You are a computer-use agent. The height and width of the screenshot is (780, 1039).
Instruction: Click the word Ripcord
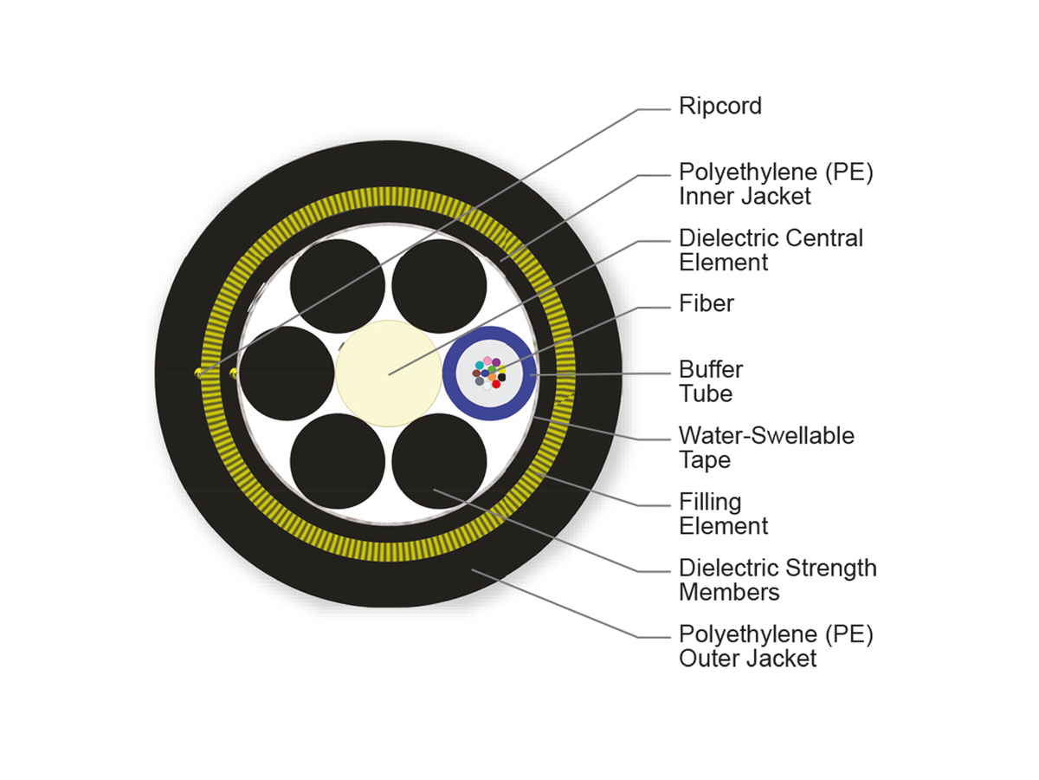coord(720,107)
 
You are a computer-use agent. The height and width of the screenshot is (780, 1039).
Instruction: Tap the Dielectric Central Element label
coord(771,250)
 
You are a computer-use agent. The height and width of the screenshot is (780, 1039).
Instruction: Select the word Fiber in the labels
coord(706,303)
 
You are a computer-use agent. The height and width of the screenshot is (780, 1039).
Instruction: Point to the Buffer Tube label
coord(710,381)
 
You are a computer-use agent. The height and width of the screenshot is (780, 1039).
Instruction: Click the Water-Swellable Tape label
coord(765,447)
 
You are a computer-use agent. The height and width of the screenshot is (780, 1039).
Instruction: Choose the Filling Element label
coord(723,514)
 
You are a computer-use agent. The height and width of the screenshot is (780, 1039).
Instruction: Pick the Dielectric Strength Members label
coord(777,580)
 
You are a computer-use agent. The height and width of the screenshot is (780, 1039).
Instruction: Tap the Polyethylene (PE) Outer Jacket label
coord(775,647)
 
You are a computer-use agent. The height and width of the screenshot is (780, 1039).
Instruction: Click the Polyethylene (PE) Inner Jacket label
coord(775,184)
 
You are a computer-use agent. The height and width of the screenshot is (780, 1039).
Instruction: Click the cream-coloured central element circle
coord(387,374)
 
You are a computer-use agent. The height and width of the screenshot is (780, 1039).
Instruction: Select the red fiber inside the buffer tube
coord(495,383)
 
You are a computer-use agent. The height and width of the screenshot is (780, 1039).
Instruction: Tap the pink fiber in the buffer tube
coord(487,361)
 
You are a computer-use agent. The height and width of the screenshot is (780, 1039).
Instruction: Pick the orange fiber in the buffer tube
coord(492,377)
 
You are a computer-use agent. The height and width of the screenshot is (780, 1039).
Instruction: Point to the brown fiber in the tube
coord(476,374)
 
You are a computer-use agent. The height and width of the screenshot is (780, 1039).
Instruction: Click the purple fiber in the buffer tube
coord(496,362)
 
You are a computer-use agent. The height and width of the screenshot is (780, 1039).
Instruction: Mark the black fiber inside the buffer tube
coord(501,377)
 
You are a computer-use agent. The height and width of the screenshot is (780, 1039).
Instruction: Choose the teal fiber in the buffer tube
coord(480,365)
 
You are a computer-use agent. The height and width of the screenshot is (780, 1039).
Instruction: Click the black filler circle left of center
coord(286,374)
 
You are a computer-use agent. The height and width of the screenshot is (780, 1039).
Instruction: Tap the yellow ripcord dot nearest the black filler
coord(233,374)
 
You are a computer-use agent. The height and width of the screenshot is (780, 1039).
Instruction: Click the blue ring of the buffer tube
coord(449,374)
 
